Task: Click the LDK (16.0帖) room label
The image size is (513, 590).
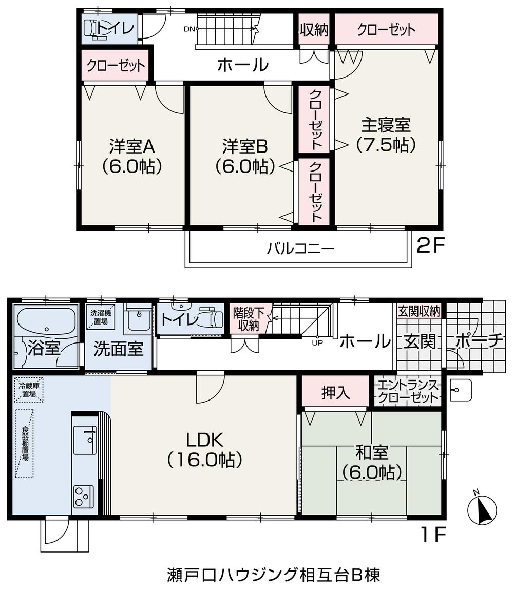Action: point(204,449)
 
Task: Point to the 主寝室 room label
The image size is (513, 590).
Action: point(386,135)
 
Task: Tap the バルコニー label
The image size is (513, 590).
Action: point(300,249)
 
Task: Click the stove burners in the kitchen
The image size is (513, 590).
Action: point(84,496)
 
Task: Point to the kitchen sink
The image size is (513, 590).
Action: point(85,440)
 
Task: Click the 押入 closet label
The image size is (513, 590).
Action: point(336,393)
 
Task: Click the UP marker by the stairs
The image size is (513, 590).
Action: point(317,344)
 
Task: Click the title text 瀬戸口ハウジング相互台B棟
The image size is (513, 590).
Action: point(273,574)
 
